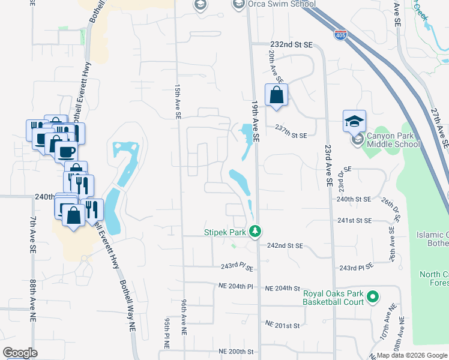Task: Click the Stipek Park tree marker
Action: [255, 231]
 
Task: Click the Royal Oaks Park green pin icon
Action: [372, 296]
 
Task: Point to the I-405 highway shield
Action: [340, 35]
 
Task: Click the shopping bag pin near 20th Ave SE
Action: [276, 95]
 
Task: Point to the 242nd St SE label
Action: [285, 246]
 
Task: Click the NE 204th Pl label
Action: [236, 287]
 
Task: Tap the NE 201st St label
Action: [282, 325]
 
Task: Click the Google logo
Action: [20, 353]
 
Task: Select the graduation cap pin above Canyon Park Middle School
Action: [354, 121]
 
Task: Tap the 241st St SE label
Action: [355, 221]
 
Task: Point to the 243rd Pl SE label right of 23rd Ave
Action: [357, 266]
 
